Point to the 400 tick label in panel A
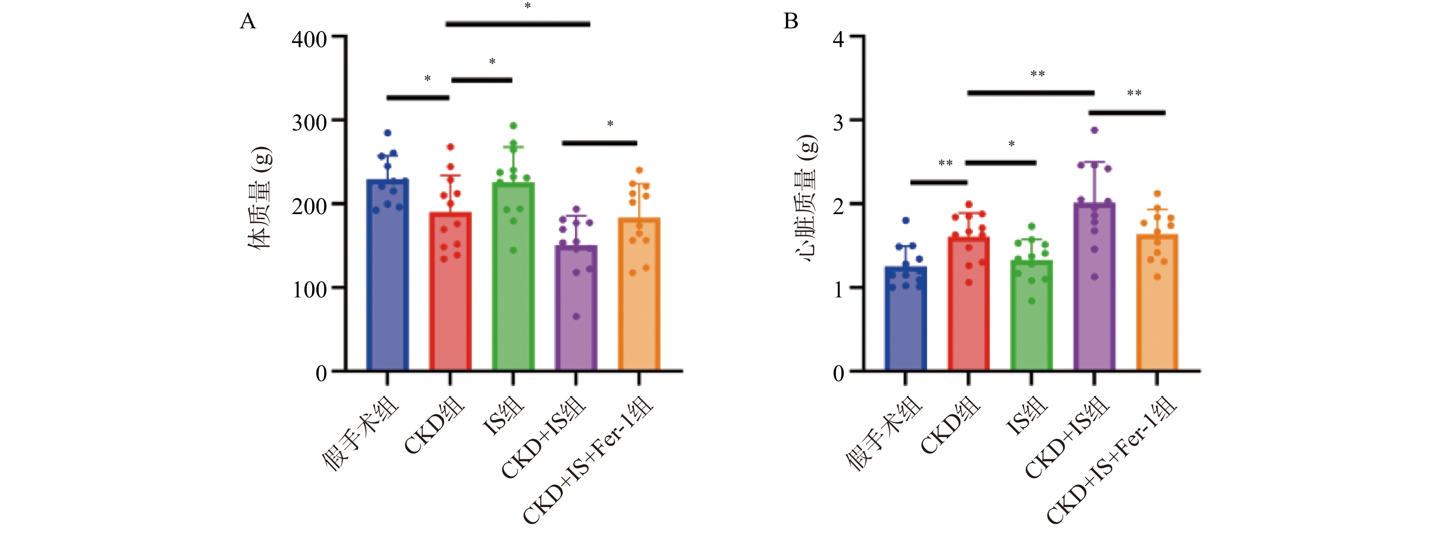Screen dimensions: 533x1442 point(309,40)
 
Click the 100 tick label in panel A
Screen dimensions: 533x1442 point(309,290)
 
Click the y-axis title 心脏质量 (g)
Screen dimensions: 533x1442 point(807,199)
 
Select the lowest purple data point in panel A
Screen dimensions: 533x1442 point(576,317)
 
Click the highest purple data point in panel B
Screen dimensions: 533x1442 point(1095,130)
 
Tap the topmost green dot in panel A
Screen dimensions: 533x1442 point(513,126)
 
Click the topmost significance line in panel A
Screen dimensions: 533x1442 point(518,24)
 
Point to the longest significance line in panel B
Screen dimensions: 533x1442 point(1030,93)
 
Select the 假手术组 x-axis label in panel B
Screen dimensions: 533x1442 point(884,433)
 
